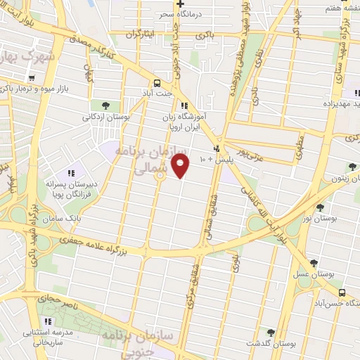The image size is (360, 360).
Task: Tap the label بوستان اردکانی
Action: [105, 117]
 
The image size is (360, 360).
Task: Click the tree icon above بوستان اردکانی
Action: [105, 105]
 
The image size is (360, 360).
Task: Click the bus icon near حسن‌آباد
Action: [342, 292]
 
